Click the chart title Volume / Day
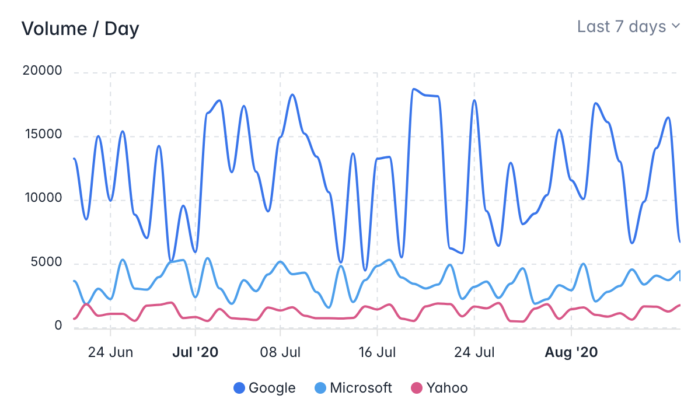(x=80, y=29)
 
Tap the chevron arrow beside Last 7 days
(x=675, y=26)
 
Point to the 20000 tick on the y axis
(x=42, y=71)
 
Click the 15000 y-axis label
(x=42, y=135)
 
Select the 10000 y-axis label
(x=42, y=198)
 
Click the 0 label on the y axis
(x=58, y=325)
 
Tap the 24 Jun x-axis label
(x=111, y=352)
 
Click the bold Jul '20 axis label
(x=195, y=352)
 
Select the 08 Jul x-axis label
(x=280, y=352)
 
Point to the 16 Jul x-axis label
(x=377, y=352)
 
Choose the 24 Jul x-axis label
(x=474, y=352)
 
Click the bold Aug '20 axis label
(x=571, y=352)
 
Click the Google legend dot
(x=239, y=388)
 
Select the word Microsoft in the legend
(x=361, y=388)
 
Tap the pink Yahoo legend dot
(x=417, y=388)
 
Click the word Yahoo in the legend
(x=447, y=388)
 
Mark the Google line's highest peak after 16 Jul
(x=414, y=89)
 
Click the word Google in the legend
(x=272, y=388)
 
